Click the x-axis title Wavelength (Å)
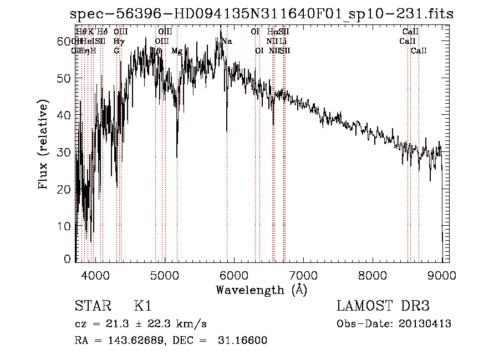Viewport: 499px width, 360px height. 261,290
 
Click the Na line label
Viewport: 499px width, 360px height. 227,41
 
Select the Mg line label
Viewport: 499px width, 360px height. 177,51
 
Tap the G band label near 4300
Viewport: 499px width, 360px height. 116,51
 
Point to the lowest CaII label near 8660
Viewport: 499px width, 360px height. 419,51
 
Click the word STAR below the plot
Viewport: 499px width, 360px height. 90,306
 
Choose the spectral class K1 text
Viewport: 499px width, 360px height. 142,306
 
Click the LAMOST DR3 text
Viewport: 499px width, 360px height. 383,306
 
